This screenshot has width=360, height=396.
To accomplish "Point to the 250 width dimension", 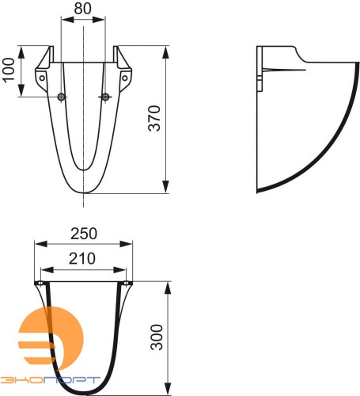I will click(x=83, y=233).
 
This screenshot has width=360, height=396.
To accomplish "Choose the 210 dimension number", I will click(x=83, y=257).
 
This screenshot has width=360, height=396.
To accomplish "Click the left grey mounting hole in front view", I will click(x=63, y=97).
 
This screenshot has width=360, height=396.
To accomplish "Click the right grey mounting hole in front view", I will click(x=104, y=97).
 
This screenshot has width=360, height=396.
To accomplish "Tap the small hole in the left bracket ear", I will click(x=42, y=78).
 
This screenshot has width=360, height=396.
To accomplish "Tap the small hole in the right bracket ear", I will click(x=125, y=78).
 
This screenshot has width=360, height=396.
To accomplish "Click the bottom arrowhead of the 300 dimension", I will click(x=166, y=389).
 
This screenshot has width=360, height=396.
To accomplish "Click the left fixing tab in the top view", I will click(x=39, y=283).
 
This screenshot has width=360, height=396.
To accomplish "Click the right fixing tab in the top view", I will click(x=128, y=283).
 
